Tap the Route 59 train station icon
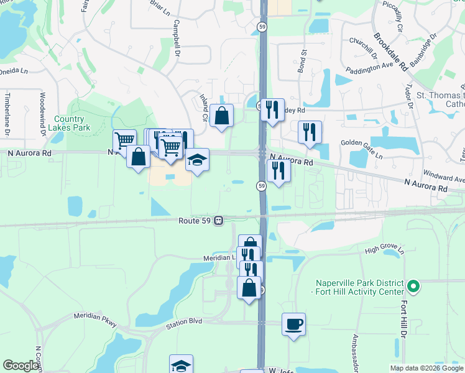pos(219,220)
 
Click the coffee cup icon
pos(293,324)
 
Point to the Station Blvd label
pos(183,323)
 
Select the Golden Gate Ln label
pos(362,142)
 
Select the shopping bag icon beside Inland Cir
pos(221,115)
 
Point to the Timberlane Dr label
pos(7,114)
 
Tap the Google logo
pos(20,366)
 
